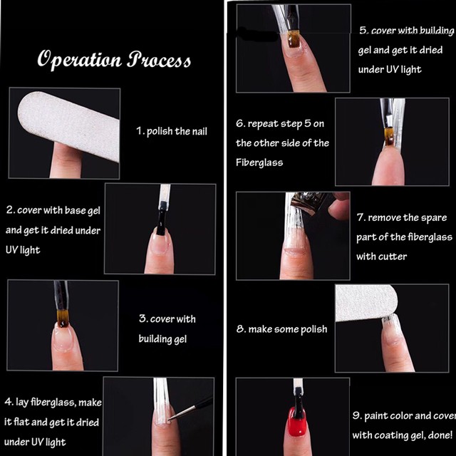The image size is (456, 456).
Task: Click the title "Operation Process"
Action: pos(114,60)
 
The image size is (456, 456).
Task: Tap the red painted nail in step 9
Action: pos(297,423)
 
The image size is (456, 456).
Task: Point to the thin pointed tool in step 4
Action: pos(191,408)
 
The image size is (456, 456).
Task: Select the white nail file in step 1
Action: pos(69,125)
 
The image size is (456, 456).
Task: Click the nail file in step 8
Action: pos(366,303)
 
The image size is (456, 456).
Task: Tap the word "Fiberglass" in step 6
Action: pos(259,162)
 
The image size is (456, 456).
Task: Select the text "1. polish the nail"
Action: pos(172,131)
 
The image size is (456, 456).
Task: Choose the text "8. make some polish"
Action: pos(281,329)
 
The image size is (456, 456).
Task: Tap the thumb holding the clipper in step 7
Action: pos(339,209)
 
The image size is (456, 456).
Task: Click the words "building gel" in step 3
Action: pos(162,339)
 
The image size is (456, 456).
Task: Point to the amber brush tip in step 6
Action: pos(388,137)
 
